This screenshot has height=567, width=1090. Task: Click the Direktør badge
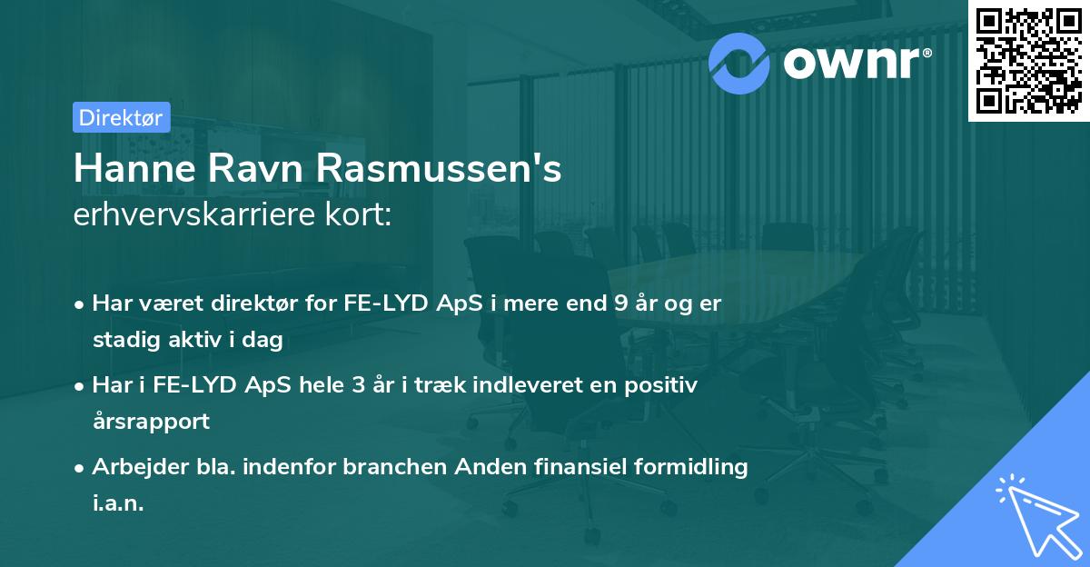click(x=121, y=117)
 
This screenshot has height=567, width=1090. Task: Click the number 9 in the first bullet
click(x=620, y=303)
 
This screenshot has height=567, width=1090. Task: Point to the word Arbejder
click(x=133, y=467)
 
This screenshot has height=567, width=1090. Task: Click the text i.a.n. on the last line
click(x=118, y=502)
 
